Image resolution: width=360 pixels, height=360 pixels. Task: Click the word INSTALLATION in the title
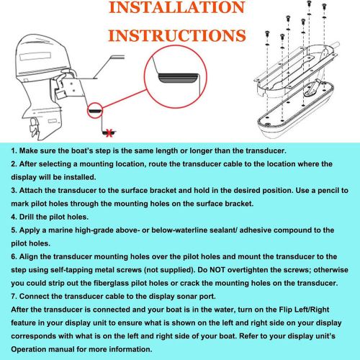[x=177, y=7]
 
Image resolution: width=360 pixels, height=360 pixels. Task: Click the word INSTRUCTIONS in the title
[x=177, y=35]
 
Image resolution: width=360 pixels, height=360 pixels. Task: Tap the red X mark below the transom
[x=109, y=132]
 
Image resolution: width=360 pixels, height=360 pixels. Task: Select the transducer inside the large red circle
[x=178, y=78]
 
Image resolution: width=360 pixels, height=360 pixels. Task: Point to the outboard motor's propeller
[x=34, y=129]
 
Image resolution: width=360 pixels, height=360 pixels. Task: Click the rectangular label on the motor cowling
[x=35, y=57]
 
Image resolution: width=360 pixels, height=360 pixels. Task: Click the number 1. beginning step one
[x=14, y=150]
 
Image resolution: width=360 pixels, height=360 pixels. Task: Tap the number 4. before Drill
[x=14, y=217]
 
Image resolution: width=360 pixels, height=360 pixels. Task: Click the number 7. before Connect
[x=14, y=297]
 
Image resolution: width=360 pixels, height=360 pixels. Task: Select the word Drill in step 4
[x=27, y=217]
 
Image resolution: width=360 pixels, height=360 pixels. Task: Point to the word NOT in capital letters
[x=217, y=270]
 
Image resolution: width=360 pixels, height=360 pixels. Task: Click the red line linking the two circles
[x=125, y=99]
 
